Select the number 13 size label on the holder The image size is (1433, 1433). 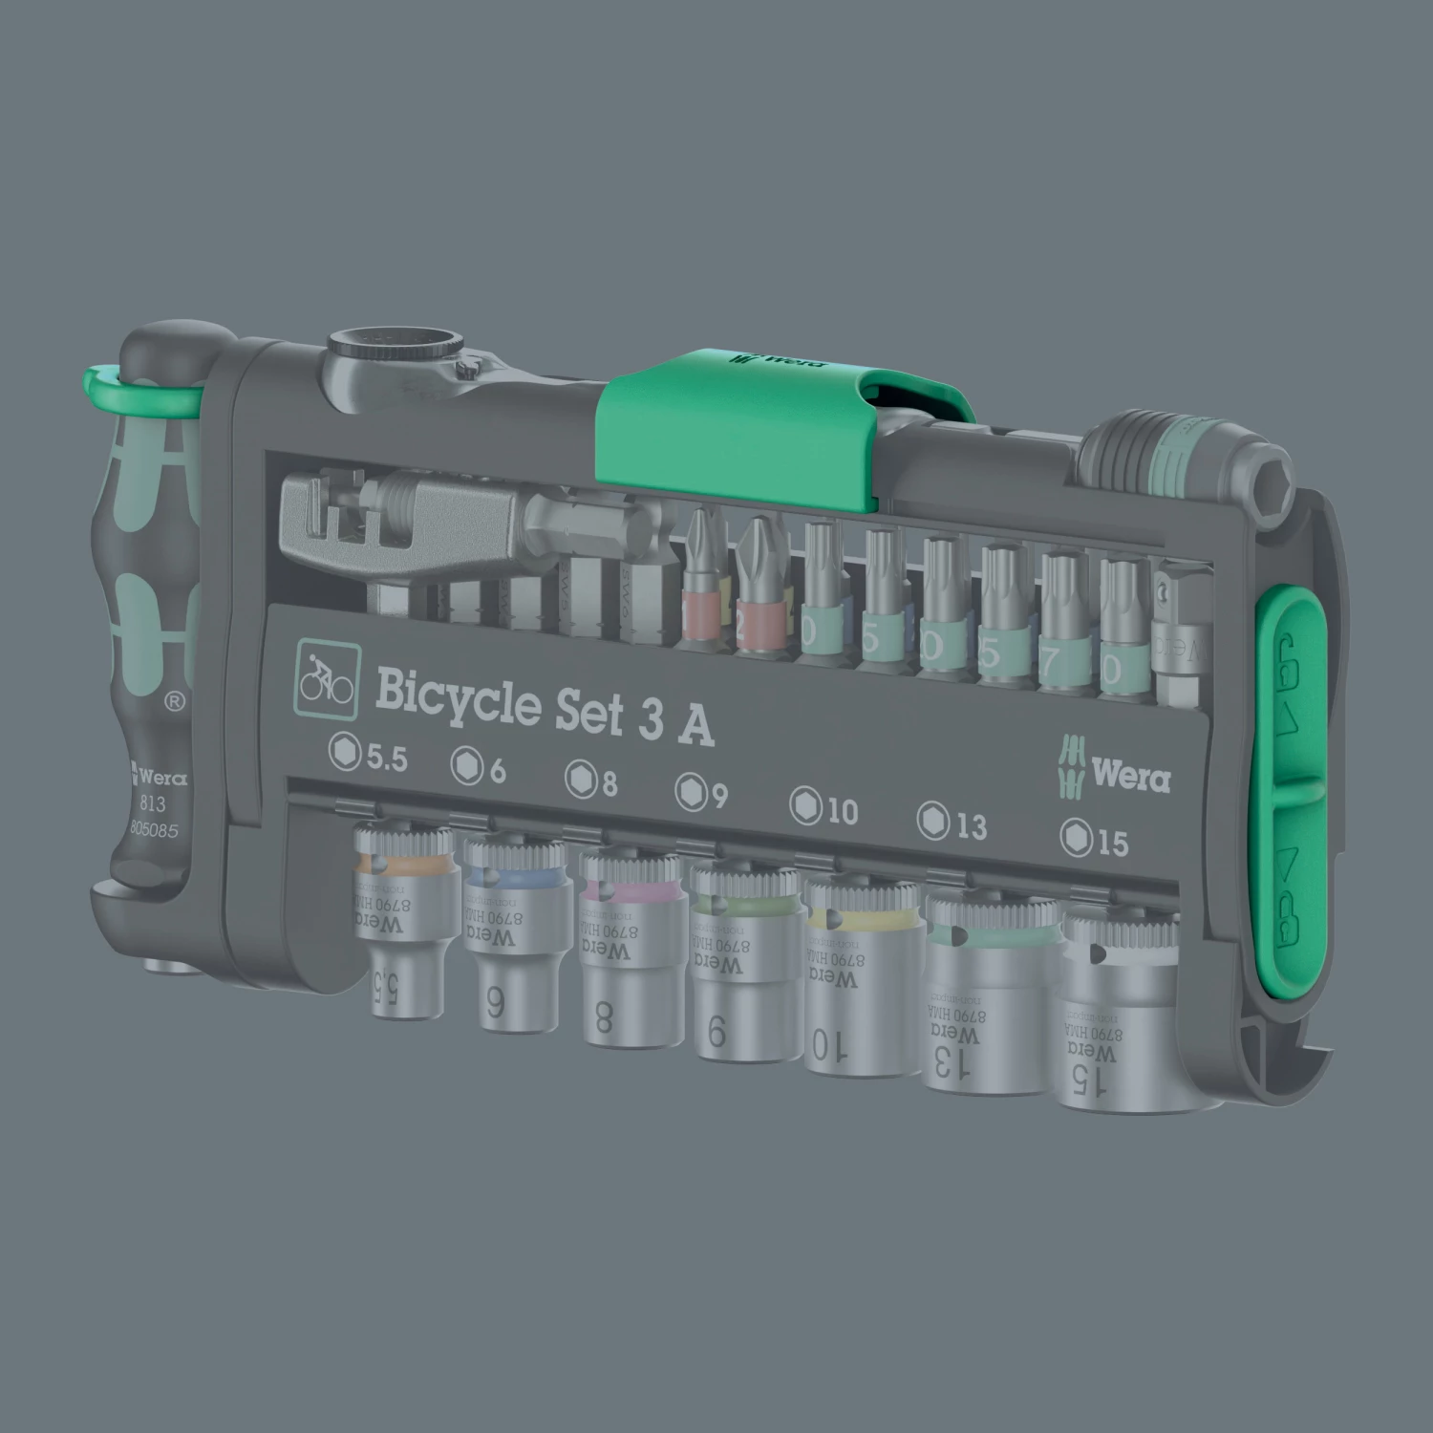(952, 823)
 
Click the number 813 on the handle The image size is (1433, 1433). (152, 804)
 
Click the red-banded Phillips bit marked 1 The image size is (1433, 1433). (701, 583)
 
